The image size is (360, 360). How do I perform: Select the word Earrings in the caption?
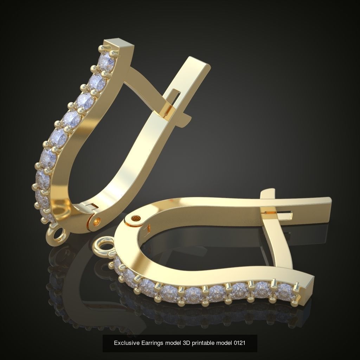point(149,343)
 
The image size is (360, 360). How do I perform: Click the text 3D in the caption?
point(186,343)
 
